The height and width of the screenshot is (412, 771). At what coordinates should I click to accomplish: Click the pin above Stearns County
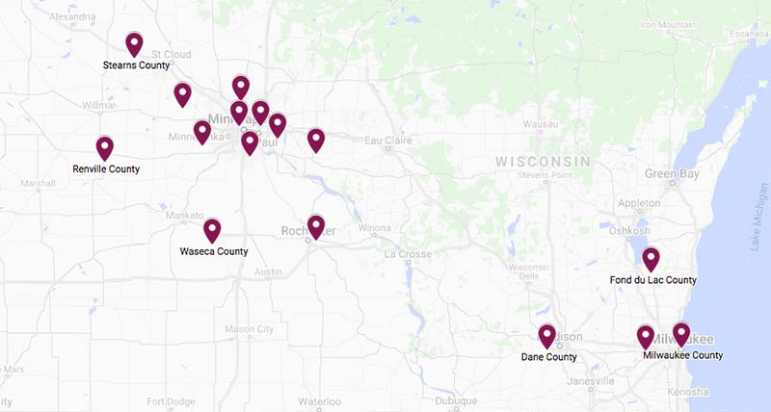(x=134, y=43)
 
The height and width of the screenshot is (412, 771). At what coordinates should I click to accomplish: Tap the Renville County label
(x=106, y=169)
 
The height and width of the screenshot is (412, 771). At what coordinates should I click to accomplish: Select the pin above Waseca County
(x=212, y=230)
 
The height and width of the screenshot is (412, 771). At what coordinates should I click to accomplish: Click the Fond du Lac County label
(x=653, y=280)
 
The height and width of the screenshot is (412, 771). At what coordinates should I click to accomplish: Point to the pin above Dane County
(x=546, y=335)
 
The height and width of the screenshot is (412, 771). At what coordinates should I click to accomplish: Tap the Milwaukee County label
(x=682, y=355)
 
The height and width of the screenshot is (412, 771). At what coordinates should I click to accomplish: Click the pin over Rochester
(x=316, y=226)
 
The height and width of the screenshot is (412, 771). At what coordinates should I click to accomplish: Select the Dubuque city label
(x=456, y=401)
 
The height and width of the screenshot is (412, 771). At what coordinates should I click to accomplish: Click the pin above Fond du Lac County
(x=651, y=259)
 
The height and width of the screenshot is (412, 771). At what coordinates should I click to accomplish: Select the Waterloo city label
(x=319, y=401)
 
